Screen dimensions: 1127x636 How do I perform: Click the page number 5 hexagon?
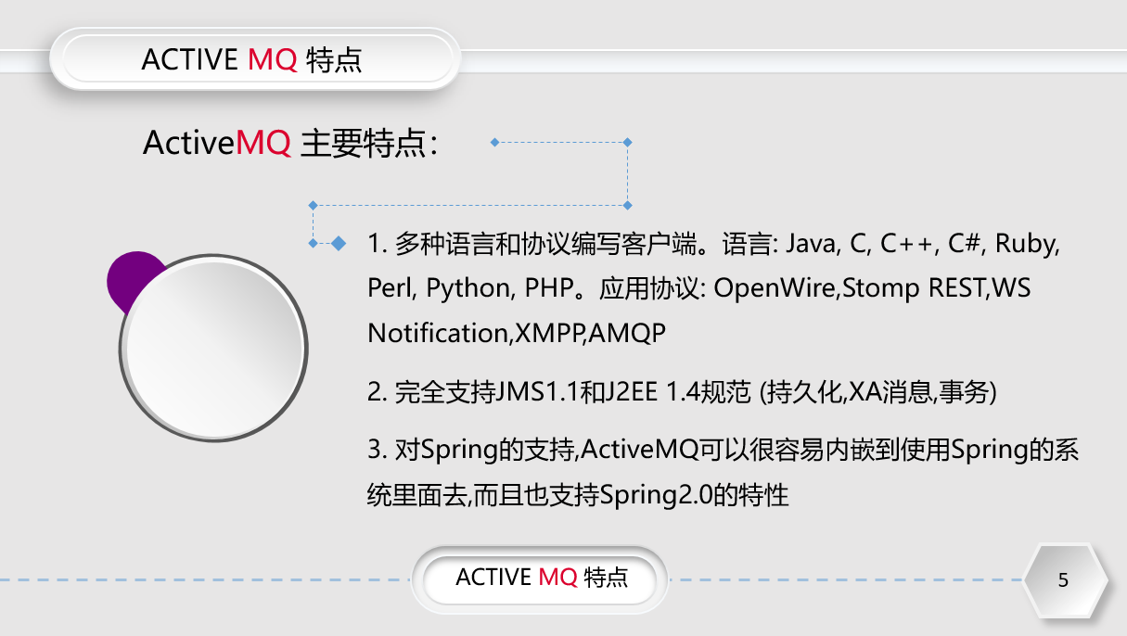pos(1064,580)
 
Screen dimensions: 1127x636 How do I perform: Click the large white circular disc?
pos(214,348)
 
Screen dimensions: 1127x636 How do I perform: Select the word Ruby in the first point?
pos(1028,245)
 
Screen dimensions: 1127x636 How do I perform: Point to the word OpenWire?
pos(775,288)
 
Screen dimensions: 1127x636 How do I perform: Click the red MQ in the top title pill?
pos(273,60)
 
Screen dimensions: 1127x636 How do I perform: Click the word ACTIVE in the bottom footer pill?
pos(493,578)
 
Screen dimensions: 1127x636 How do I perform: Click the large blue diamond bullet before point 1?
pos(339,243)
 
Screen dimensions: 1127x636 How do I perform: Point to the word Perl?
pos(391,288)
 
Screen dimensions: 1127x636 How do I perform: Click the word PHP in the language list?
pos(547,288)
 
